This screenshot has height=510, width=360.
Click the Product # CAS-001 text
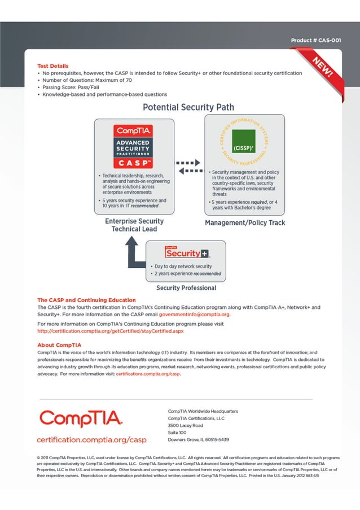pyautogui.click(x=315, y=41)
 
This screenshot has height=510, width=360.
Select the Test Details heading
pyautogui.click(x=52, y=66)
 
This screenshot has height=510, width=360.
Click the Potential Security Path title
pyautogui.click(x=188, y=107)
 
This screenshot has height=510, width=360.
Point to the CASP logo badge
pyautogui.click(x=133, y=146)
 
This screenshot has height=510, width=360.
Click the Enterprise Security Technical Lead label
pyautogui.click(x=134, y=225)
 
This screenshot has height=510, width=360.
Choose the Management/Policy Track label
pyautogui.click(x=244, y=223)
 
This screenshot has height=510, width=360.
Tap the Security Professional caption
pyautogui.click(x=186, y=288)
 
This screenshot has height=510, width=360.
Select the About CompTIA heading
pyautogui.click(x=59, y=345)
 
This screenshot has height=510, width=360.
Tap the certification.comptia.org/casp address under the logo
pyautogui.click(x=91, y=439)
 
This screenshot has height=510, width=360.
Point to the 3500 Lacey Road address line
pyautogui.click(x=185, y=425)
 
